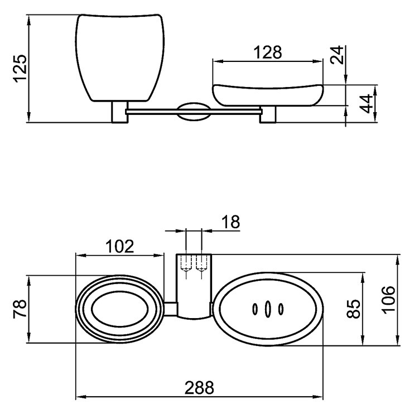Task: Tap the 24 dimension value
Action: [x=336, y=56]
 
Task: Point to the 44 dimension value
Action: [x=366, y=104]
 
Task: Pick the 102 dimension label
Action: [x=119, y=246]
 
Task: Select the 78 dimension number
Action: [x=20, y=309]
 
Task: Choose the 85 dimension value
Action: [x=353, y=309]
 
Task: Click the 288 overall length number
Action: [x=199, y=387]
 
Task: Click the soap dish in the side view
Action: [x=268, y=95]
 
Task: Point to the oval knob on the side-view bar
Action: [x=194, y=111]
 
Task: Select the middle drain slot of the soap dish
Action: [x=268, y=309]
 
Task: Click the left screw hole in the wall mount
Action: [x=185, y=267]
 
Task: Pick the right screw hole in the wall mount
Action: [x=201, y=267]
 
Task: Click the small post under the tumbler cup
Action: [x=119, y=112]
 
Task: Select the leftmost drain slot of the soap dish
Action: [x=255, y=309]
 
